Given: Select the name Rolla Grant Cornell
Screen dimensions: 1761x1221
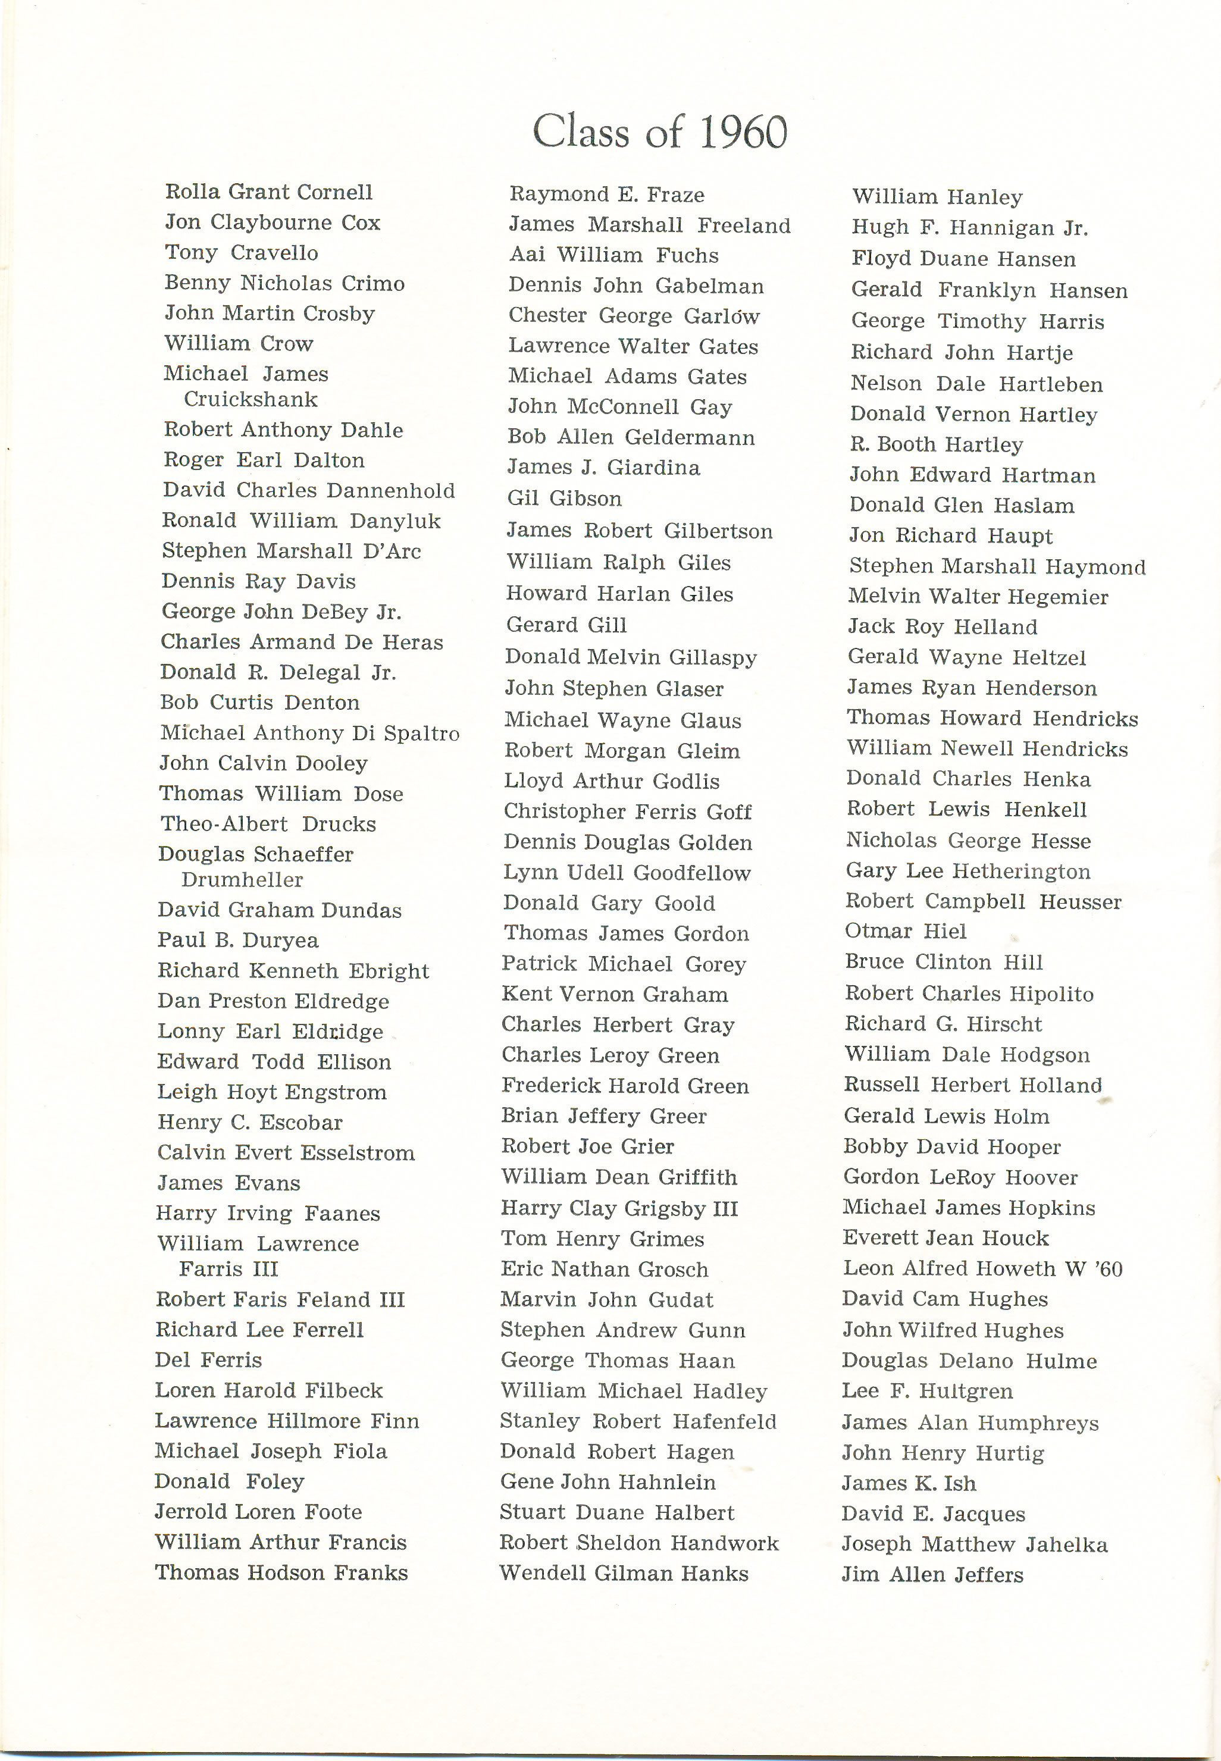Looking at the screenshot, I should (x=268, y=192).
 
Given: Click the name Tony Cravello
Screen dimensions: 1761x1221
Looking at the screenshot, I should (x=241, y=252).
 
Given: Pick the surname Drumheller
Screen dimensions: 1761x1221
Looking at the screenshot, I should (x=242, y=880).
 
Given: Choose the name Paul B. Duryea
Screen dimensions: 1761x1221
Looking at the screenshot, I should (x=238, y=940).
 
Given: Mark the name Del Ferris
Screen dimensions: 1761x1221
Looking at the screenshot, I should (x=208, y=1360).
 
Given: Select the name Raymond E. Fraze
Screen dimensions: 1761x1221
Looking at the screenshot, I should (x=607, y=195).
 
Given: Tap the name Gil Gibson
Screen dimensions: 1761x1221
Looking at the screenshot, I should (x=565, y=499).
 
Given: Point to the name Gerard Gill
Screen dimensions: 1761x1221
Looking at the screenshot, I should (x=566, y=625).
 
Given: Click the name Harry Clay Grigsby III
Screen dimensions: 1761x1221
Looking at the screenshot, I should (x=619, y=1209).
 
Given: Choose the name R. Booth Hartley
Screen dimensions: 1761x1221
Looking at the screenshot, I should (x=937, y=444).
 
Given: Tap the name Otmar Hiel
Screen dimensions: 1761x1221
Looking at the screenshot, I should (x=905, y=931).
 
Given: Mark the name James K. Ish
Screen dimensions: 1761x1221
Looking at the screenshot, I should (x=909, y=1483).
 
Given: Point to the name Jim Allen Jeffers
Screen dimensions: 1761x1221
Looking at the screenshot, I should (x=932, y=1574).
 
